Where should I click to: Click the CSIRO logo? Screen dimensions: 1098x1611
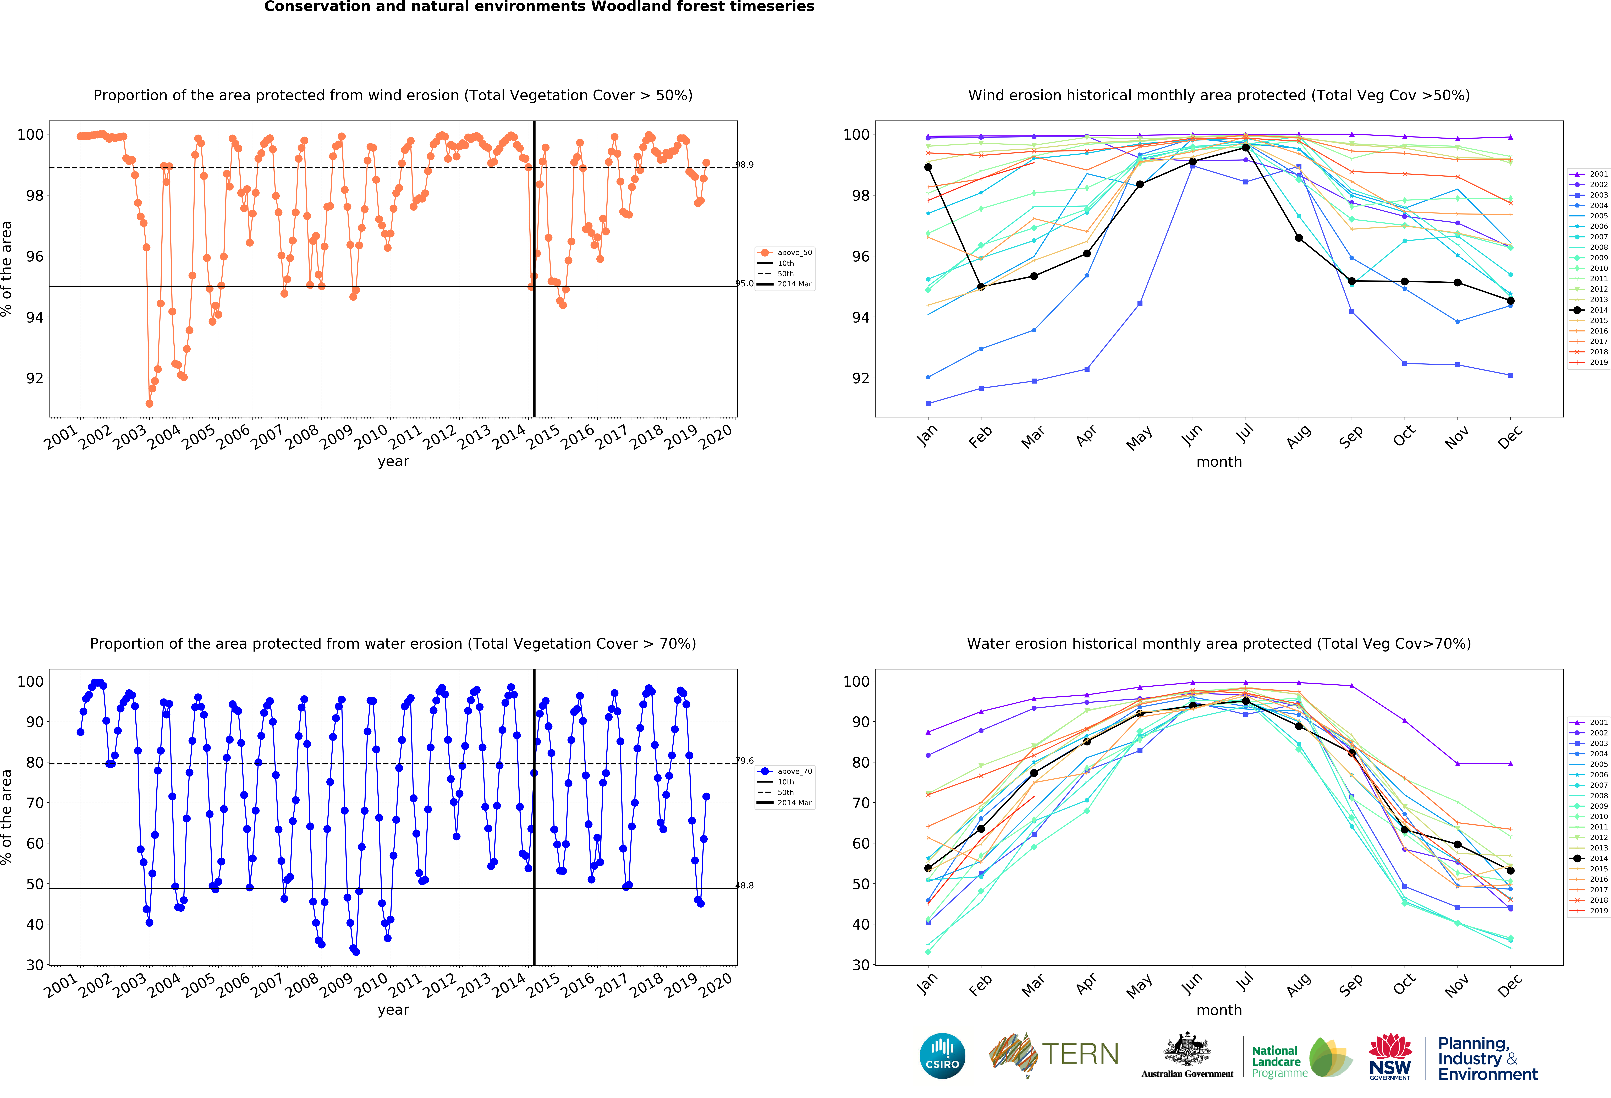point(942,1056)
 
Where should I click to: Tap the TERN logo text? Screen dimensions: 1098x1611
point(1080,1054)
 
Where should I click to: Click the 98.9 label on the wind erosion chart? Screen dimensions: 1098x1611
point(745,165)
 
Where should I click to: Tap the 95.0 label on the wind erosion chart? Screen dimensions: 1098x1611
point(745,283)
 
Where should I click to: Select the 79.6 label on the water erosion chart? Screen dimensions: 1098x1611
point(745,761)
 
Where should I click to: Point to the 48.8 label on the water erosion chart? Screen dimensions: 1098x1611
point(745,886)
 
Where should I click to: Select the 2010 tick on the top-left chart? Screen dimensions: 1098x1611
point(372,437)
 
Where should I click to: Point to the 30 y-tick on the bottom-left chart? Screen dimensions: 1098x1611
point(35,965)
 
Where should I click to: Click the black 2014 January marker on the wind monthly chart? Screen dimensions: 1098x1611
point(928,167)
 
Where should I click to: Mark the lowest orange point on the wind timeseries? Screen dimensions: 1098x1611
point(149,403)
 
